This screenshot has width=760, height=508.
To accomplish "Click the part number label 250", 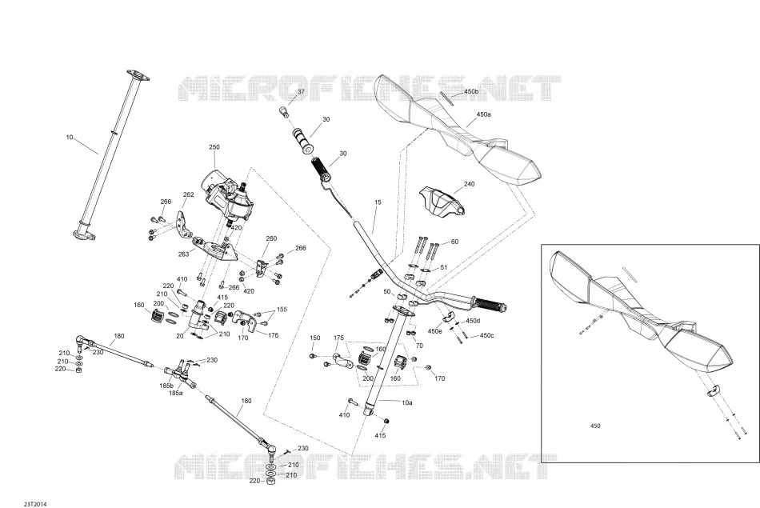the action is (x=214, y=147).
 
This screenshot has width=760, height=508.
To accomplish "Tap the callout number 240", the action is (x=469, y=184).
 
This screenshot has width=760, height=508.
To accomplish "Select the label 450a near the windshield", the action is (x=483, y=115).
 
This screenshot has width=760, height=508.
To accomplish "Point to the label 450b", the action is (x=471, y=92).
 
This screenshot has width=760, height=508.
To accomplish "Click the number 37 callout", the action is (x=301, y=92).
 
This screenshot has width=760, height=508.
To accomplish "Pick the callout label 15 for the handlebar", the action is (x=378, y=202).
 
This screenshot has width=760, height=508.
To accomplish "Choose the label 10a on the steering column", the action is (x=406, y=403).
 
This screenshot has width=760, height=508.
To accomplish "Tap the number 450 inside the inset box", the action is (x=595, y=426).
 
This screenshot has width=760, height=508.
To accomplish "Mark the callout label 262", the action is (x=189, y=195).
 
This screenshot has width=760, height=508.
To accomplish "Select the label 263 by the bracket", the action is (x=184, y=254).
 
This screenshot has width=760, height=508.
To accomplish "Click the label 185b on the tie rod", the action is (x=166, y=386).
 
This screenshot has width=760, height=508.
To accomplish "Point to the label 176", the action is (x=274, y=335).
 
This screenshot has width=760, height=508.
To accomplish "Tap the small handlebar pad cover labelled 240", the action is (x=441, y=202).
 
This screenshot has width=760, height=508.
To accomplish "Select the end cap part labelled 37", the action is (x=283, y=113).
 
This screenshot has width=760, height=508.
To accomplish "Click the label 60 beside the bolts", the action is (x=454, y=242).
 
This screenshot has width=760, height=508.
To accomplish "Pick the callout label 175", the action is (x=339, y=338).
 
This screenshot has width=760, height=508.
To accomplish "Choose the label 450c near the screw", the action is (x=486, y=335).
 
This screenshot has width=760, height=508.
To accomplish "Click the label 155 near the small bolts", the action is (x=282, y=310).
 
